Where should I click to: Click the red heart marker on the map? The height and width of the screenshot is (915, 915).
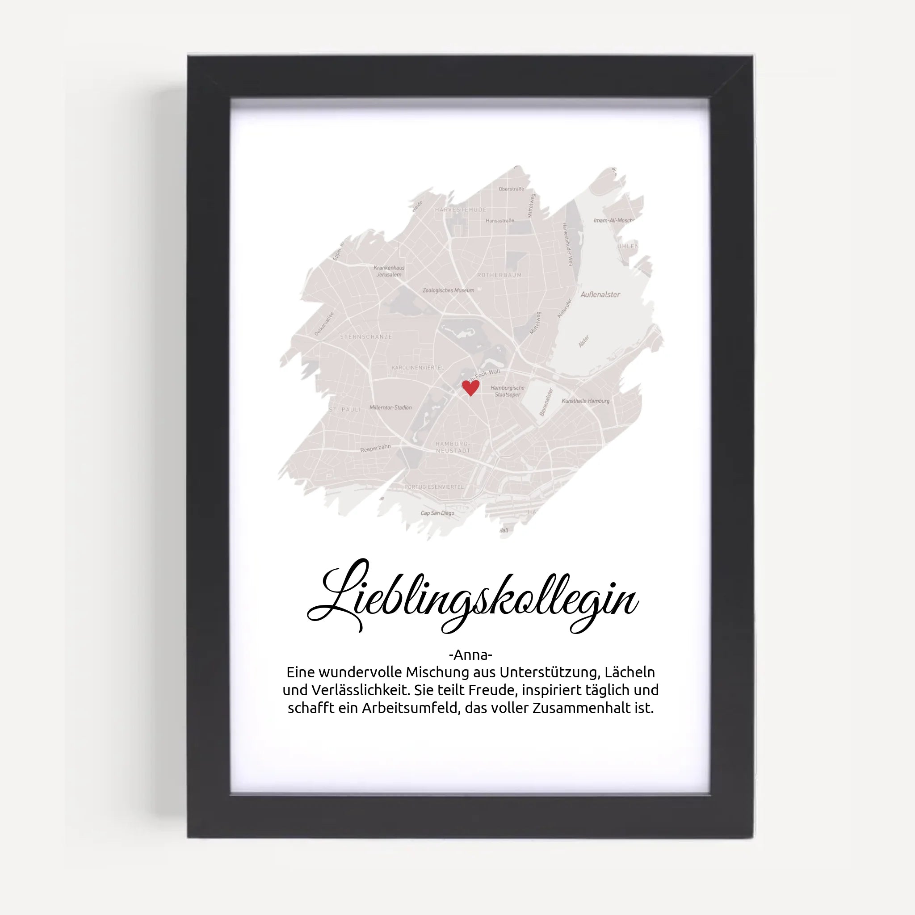click(470, 387)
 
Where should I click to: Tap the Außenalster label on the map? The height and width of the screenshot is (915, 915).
click(600, 294)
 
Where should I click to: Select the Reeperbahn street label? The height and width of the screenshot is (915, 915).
click(375, 448)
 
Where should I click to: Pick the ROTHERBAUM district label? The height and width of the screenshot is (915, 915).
click(499, 275)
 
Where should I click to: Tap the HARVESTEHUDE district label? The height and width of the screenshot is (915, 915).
click(460, 210)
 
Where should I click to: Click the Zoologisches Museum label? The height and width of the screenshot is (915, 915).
click(448, 290)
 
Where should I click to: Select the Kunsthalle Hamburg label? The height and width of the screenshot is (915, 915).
click(585, 401)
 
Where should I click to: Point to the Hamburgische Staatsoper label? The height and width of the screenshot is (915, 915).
click(507, 391)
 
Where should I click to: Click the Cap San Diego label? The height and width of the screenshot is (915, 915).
click(437, 513)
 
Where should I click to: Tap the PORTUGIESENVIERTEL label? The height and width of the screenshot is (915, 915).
click(434, 487)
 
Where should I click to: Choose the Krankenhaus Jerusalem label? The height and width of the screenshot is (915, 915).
click(389, 271)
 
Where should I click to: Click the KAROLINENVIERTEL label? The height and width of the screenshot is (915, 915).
click(418, 368)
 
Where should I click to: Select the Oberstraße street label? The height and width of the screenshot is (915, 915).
click(511, 189)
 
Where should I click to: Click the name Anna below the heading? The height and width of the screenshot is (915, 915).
click(470, 655)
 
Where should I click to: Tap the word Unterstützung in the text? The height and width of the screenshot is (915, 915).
click(550, 672)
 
